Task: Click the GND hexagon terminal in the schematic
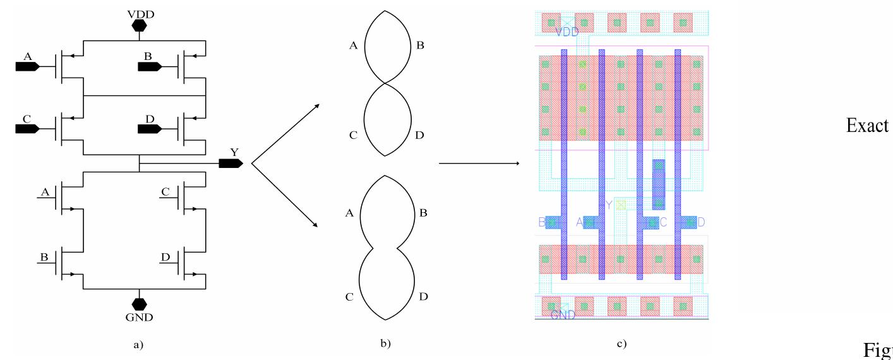pyautogui.click(x=139, y=302)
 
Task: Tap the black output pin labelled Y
pyautogui.click(x=231, y=164)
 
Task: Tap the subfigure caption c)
pyautogui.click(x=621, y=344)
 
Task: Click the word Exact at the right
pyautogui.click(x=868, y=126)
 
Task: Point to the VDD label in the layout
pyautogui.click(x=566, y=32)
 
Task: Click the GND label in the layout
pyautogui.click(x=563, y=315)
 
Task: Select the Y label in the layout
pyautogui.click(x=609, y=205)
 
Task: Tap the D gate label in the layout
pyautogui.click(x=700, y=222)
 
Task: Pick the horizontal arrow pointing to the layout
pyautogui.click(x=479, y=164)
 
